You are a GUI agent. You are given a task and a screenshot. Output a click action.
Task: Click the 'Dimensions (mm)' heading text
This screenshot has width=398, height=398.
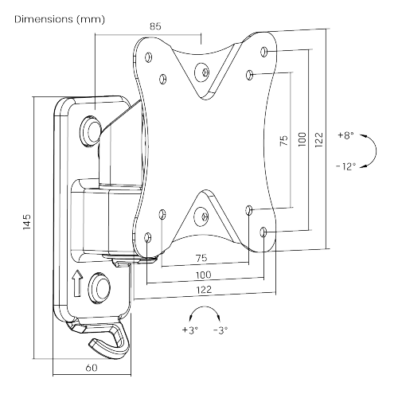click(x=60, y=20)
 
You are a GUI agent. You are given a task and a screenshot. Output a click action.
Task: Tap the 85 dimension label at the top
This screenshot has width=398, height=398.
click(x=155, y=26)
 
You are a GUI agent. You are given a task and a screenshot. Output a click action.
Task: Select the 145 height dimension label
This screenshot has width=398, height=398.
click(x=27, y=221)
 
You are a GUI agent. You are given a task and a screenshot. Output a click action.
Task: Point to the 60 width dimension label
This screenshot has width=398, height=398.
click(x=92, y=368)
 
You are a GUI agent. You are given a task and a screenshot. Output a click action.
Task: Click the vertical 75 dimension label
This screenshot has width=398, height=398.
click(x=283, y=141)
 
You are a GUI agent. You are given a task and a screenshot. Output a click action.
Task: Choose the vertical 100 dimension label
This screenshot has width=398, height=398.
click(x=302, y=139)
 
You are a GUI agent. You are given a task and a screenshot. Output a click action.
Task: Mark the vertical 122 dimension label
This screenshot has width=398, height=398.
click(x=319, y=139)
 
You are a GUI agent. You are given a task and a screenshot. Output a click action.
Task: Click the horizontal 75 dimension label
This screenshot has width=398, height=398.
click(x=201, y=258)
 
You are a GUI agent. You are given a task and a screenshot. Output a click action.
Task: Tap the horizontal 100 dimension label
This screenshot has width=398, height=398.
click(x=204, y=275)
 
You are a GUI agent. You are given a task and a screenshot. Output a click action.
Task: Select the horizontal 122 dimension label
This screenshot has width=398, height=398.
click(x=204, y=290)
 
